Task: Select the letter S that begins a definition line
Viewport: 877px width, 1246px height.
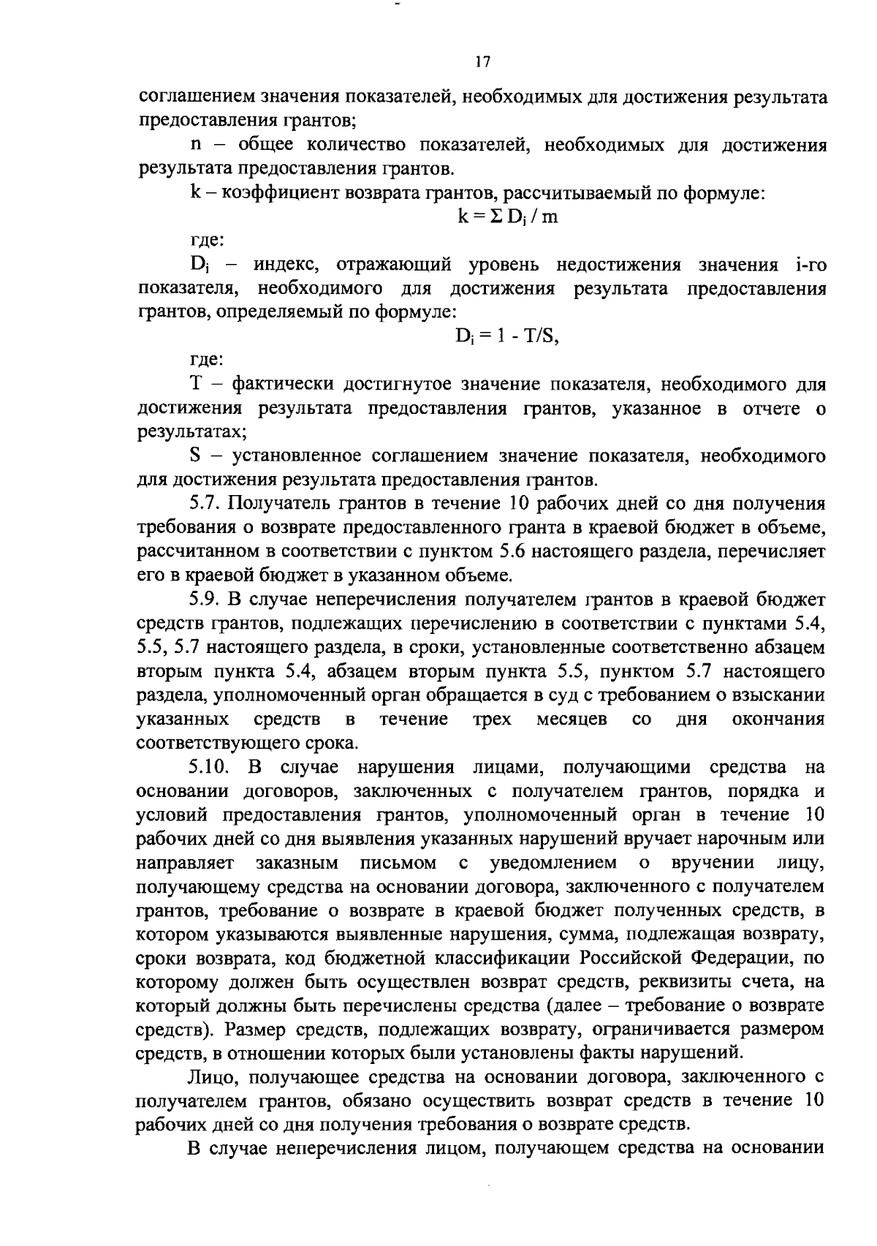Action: [195, 457]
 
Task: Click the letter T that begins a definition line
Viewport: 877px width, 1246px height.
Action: [195, 385]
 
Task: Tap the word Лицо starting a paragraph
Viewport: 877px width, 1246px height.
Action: [210, 1078]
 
